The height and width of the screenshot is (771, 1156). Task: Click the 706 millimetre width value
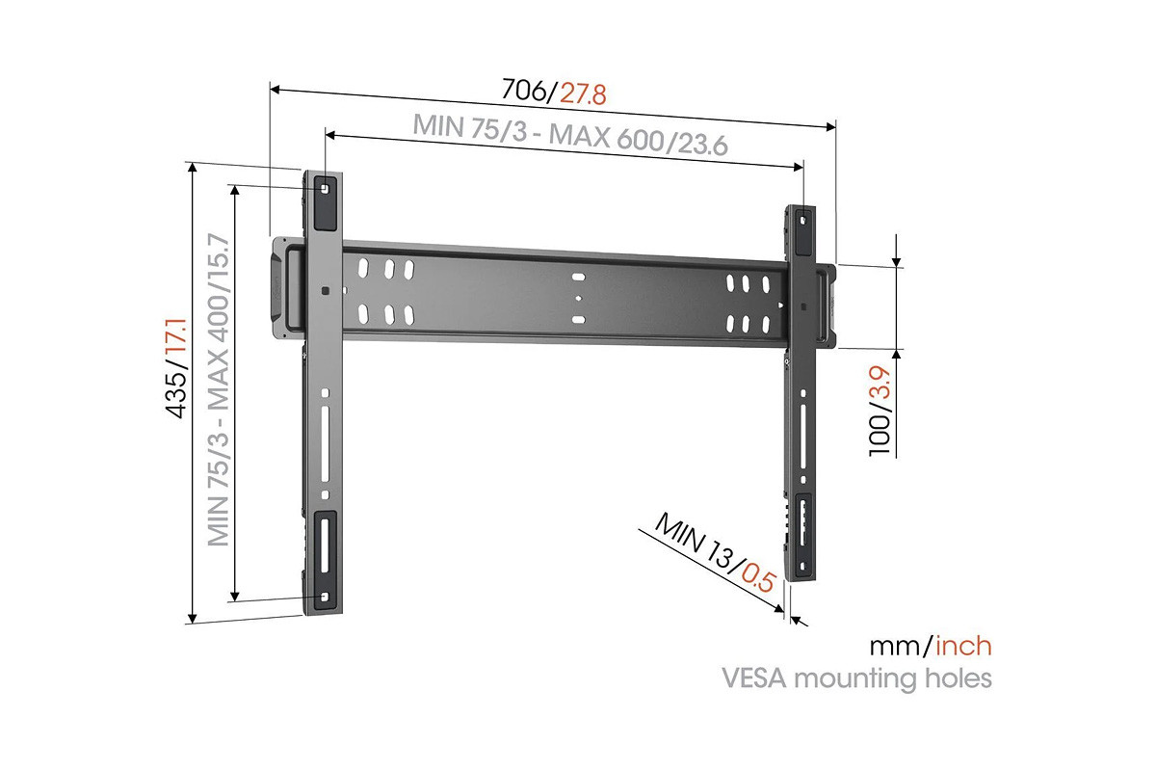pos(524,90)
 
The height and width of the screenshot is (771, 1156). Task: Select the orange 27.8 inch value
pos(583,94)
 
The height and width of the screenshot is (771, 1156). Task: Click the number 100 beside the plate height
pos(880,436)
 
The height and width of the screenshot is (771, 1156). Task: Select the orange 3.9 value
pos(880,383)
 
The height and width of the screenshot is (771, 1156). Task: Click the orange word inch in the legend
pos(963,646)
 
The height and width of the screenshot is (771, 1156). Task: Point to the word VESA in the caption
pos(754,678)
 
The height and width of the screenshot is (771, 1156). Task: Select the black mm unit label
pos(894,647)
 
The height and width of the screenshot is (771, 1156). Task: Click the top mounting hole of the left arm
pos(325,189)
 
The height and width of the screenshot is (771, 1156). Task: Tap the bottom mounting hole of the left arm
pos(324,597)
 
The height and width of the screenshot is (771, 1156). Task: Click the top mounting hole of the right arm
pos(802,221)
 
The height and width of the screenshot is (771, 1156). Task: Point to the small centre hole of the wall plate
pos(579,298)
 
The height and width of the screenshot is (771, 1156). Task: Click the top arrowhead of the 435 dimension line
pos(193,167)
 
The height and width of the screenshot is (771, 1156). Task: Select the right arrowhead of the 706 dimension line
pos(830,126)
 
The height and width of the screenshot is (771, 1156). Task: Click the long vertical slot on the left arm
pos(326,444)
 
